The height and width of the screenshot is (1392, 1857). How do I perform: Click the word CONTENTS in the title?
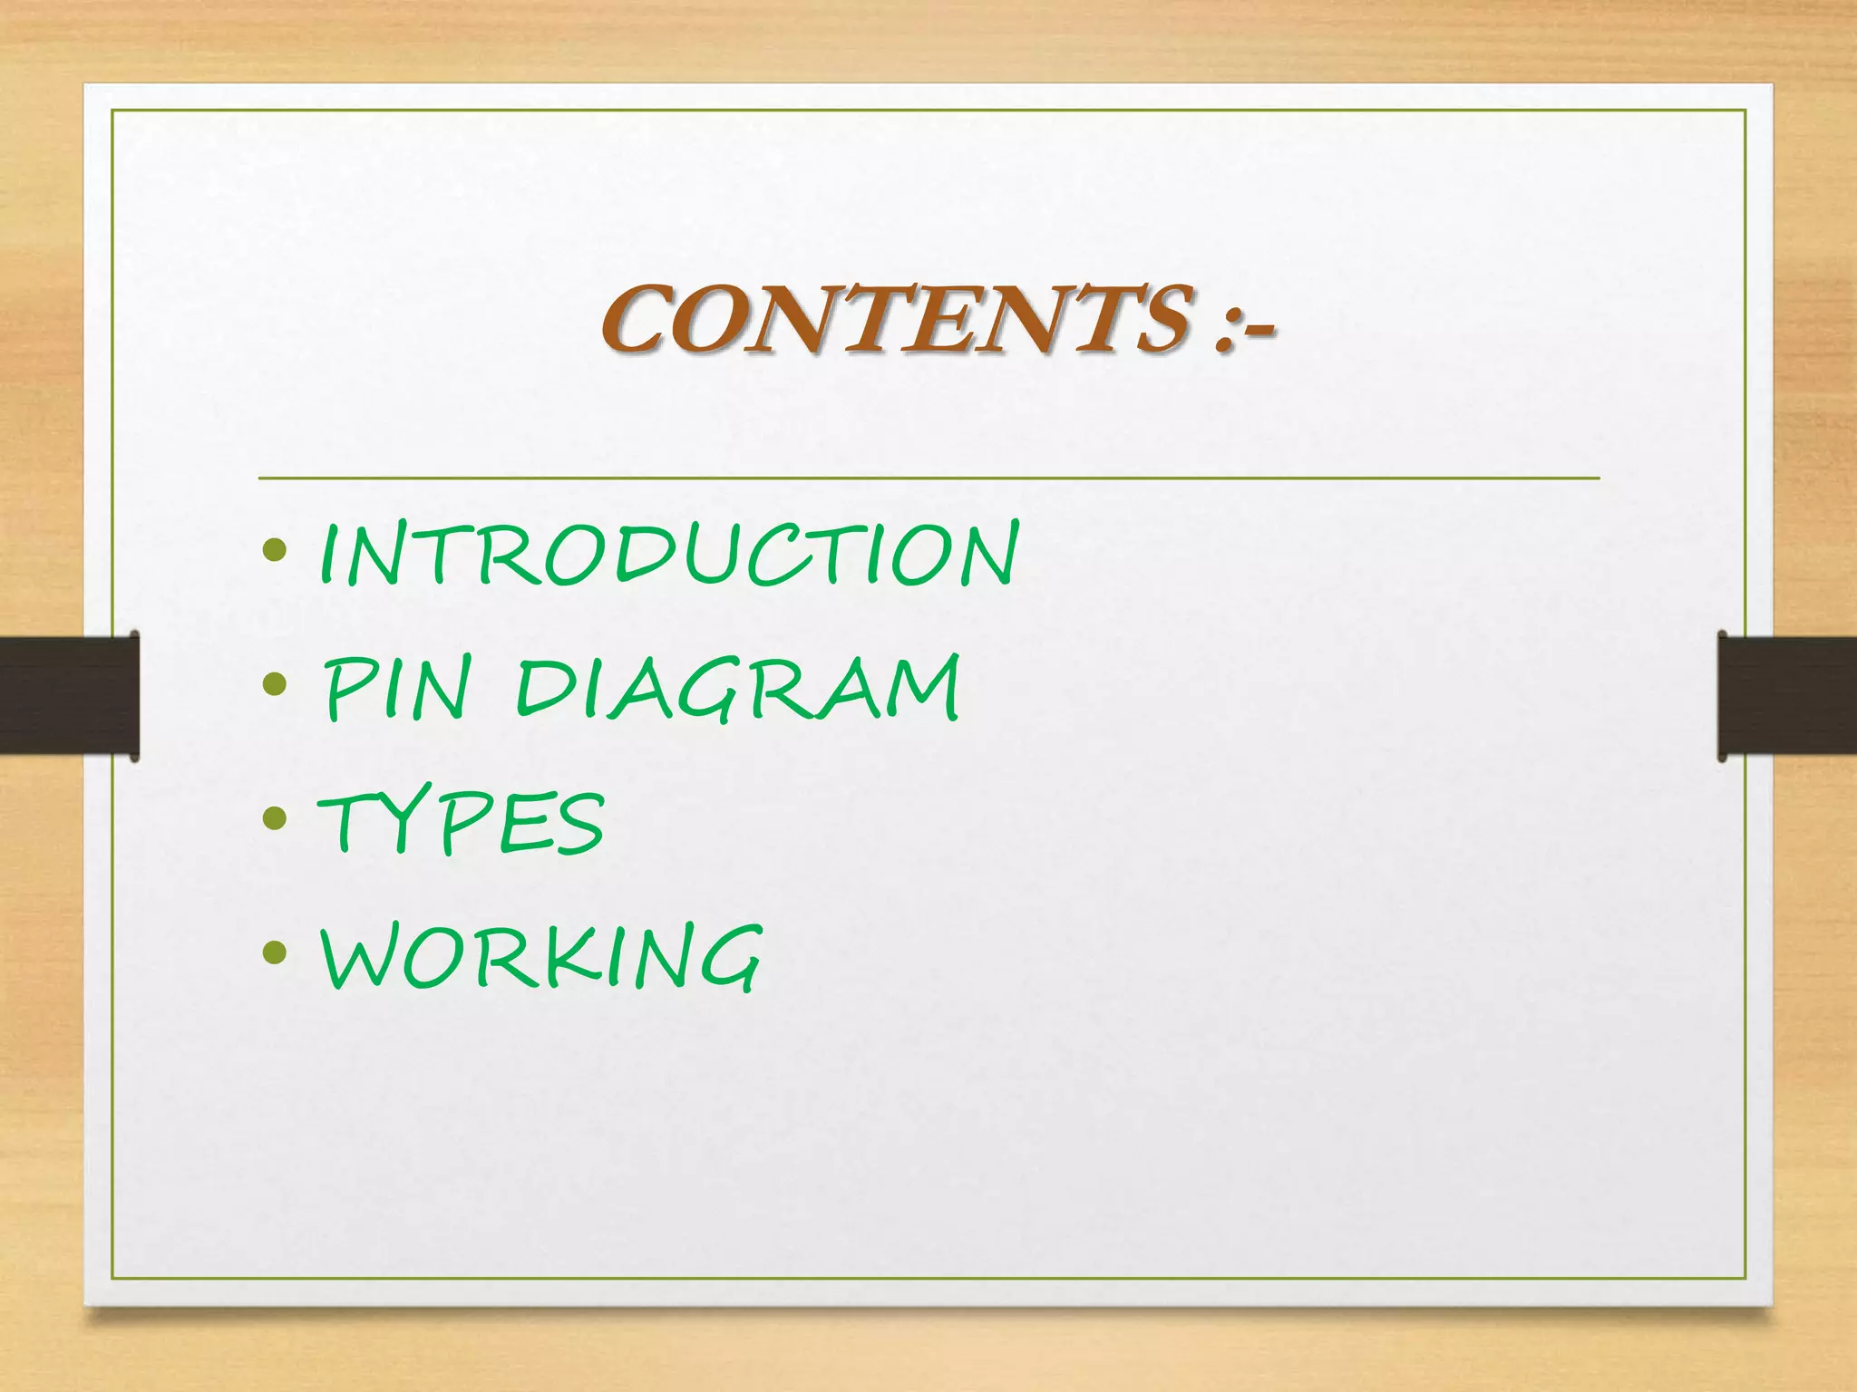tap(893, 318)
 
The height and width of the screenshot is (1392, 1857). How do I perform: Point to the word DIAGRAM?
tap(737, 690)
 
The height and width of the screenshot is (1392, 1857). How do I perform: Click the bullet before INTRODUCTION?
tap(274, 550)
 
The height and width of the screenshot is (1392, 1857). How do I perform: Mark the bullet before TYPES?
tap(274, 819)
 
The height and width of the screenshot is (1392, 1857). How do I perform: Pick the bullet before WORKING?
tap(274, 952)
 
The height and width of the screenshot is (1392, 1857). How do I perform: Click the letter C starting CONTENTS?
tap(637, 320)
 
